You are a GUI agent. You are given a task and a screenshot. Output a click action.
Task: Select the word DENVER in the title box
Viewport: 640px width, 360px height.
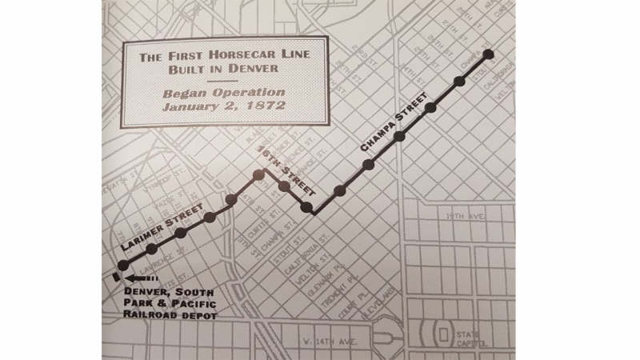click(252, 69)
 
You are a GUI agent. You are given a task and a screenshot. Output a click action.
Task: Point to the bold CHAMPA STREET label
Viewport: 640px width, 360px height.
click(391, 127)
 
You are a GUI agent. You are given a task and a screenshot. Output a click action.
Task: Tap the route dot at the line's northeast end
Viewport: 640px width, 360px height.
click(489, 55)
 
